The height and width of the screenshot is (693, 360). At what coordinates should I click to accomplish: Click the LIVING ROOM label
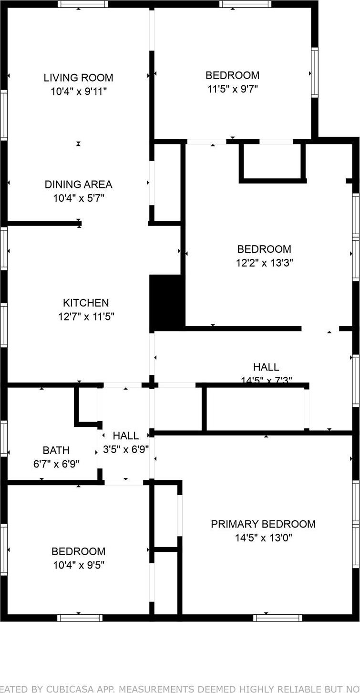[x=78, y=77]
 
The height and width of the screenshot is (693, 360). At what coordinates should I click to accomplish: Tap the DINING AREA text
[x=78, y=184]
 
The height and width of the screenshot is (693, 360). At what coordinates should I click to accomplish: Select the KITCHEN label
[x=86, y=302]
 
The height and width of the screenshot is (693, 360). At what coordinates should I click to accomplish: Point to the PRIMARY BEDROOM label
[x=263, y=524]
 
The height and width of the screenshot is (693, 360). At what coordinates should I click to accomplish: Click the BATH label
[x=56, y=450]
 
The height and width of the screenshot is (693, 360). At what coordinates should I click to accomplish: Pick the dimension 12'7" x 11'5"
[x=86, y=316]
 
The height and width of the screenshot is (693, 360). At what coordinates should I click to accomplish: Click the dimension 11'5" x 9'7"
[x=233, y=89]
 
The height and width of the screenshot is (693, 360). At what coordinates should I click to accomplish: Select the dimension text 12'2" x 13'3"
[x=264, y=262]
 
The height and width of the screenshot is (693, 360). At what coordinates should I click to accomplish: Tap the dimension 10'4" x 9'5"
[x=78, y=565]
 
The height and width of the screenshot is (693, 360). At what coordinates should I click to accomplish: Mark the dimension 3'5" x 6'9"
[x=126, y=449]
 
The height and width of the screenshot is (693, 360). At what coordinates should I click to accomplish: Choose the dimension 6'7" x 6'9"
[x=56, y=463]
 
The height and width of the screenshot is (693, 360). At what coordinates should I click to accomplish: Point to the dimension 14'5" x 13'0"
[x=263, y=538]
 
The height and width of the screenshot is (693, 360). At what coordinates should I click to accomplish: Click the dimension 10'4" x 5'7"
[x=78, y=197]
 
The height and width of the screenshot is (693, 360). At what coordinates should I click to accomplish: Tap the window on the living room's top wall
[x=82, y=4]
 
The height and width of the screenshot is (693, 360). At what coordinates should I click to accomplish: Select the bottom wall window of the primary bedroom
[x=278, y=618]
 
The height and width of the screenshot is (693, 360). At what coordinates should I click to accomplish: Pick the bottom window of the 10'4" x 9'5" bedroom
[x=80, y=618]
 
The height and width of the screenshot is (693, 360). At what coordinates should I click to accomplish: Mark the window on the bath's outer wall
[x=4, y=438]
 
